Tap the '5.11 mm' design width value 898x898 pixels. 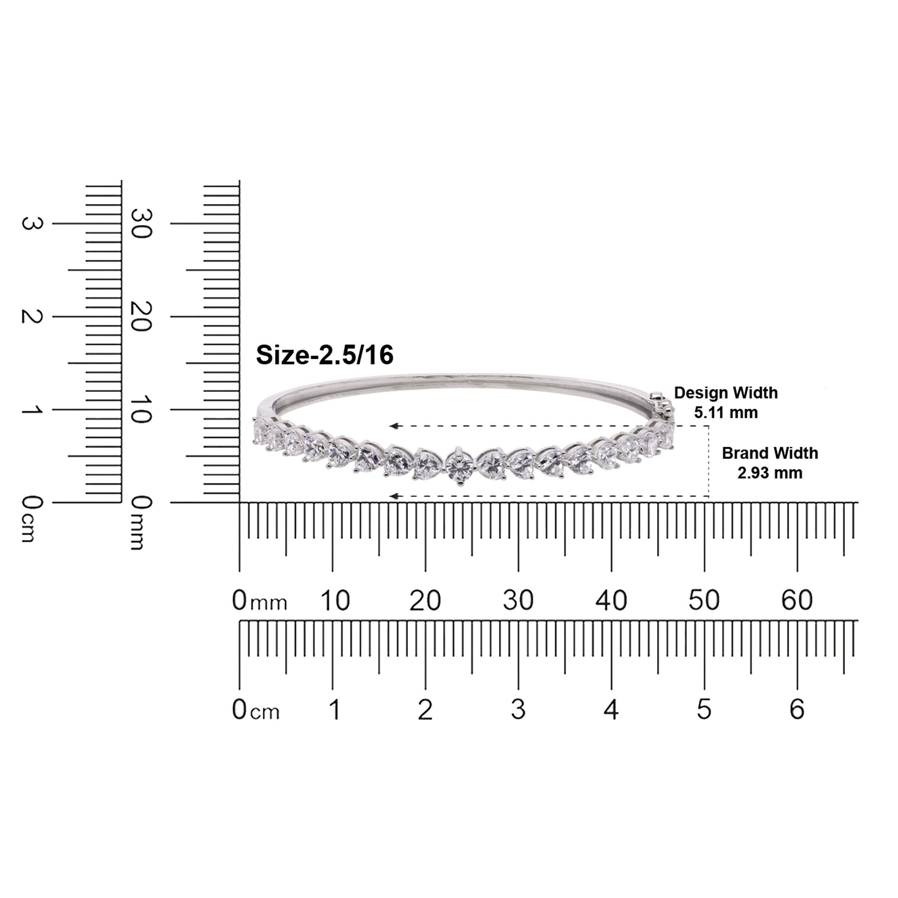[726, 412]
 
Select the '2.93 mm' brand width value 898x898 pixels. [770, 473]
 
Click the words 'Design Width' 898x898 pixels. [726, 393]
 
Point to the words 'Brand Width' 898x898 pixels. [770, 453]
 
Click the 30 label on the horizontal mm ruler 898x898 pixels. [518, 600]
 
